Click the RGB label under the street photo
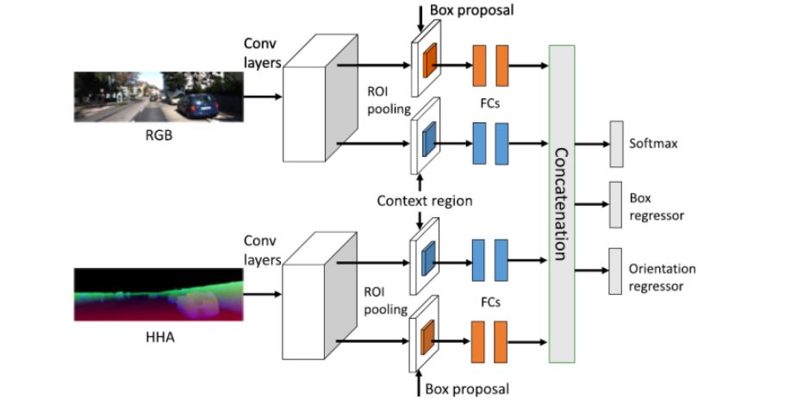pos(159,134)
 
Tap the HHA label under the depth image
pos(160,337)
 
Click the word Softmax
pos(653,144)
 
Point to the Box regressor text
pos(657,207)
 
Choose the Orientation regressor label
pos(662,277)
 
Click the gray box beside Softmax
pos(616,144)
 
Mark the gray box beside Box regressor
pos(615,205)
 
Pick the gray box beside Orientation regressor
pos(615,271)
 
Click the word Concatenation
pos(562,203)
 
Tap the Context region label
pos(425,201)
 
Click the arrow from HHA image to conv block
pos(263,295)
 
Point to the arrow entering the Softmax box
pos(592,144)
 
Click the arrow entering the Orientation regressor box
pos(592,271)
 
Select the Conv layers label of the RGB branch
pos(261,53)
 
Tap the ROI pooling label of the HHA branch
pos(385,301)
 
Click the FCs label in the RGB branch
pos(489,103)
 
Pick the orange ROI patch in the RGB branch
pos(429,60)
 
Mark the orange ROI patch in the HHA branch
pos(427,338)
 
